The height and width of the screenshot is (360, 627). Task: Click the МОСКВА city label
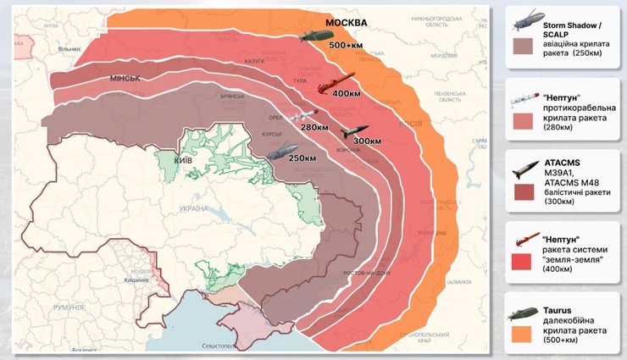coord(347,21)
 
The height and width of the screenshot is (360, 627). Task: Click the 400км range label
coord(348,93)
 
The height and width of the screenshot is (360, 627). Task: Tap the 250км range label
coord(302,158)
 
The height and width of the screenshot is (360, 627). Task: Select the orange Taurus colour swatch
coord(528,335)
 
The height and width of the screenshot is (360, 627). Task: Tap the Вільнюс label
coord(68,49)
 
